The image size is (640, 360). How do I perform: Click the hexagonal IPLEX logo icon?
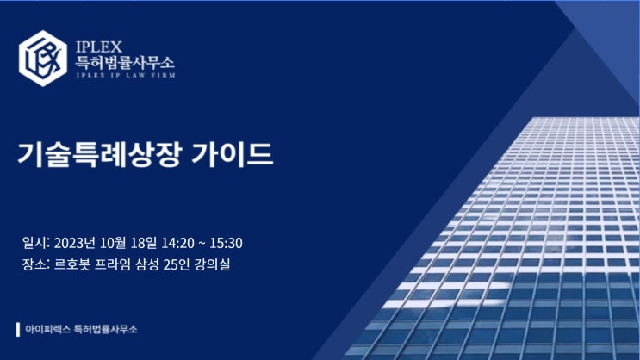(x=43, y=59)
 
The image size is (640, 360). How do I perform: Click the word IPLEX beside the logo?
(x=99, y=47)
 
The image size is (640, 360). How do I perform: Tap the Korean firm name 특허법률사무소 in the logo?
(x=125, y=63)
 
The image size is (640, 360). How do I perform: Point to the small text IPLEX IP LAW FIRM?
(x=126, y=75)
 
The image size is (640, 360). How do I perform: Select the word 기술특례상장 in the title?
(x=99, y=155)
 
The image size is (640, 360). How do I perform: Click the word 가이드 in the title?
(x=232, y=154)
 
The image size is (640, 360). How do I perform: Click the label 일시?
(x=36, y=243)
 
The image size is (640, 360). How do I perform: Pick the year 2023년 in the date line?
(x=75, y=243)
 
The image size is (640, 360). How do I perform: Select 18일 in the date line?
(x=144, y=243)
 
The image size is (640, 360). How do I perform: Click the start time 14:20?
(x=178, y=243)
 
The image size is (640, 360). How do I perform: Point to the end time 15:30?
(x=227, y=243)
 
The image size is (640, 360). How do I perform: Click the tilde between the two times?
(x=202, y=244)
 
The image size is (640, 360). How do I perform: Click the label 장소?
(x=36, y=264)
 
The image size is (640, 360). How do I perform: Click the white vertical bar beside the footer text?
(x=18, y=329)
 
